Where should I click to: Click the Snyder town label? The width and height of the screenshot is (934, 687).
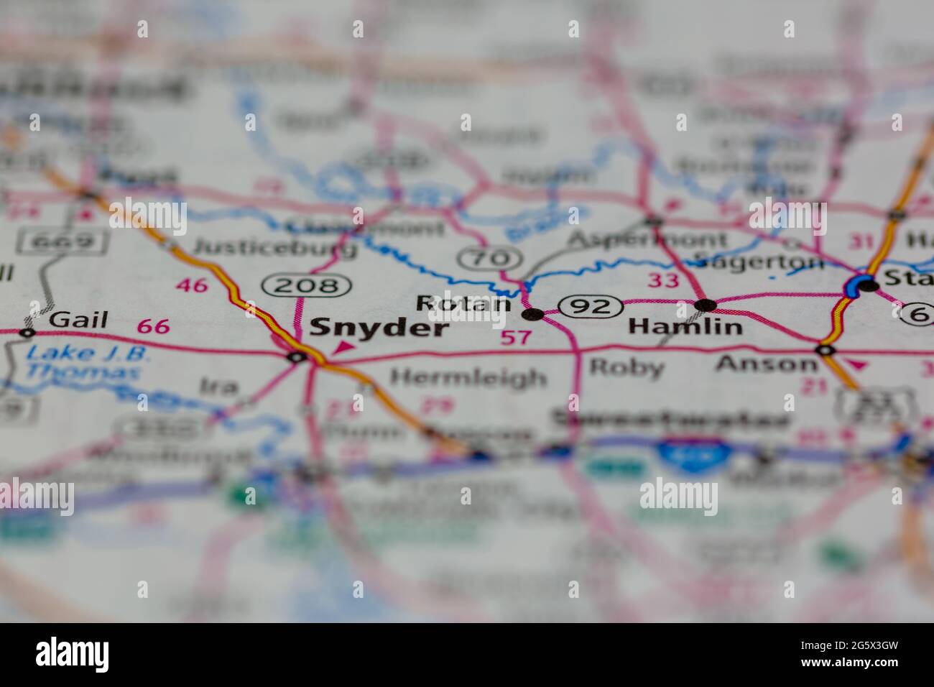click(379, 328)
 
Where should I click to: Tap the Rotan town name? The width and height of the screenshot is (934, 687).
click(463, 304)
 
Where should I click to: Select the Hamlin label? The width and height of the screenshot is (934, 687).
click(685, 327)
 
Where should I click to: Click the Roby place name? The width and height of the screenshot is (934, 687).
click(626, 367)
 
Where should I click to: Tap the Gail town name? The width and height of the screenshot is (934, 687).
click(78, 320)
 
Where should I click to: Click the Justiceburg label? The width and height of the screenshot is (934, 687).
click(276, 248)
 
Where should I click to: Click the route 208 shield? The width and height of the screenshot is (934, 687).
click(307, 285)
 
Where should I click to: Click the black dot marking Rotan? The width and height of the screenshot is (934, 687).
click(532, 314)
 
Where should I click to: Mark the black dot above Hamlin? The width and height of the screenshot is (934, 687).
click(706, 305)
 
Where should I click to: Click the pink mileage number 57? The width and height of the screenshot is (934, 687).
click(517, 336)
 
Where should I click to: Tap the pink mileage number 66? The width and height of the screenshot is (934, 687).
click(153, 327)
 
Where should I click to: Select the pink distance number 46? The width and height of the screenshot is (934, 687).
click(193, 285)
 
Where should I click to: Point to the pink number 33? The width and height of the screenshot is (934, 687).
click(662, 280)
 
